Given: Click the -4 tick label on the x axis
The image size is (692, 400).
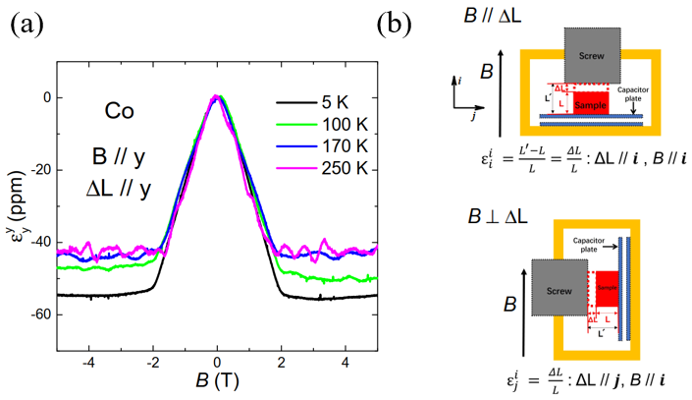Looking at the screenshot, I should coord(86,361).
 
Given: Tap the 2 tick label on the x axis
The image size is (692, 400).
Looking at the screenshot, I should coord(282,361).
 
